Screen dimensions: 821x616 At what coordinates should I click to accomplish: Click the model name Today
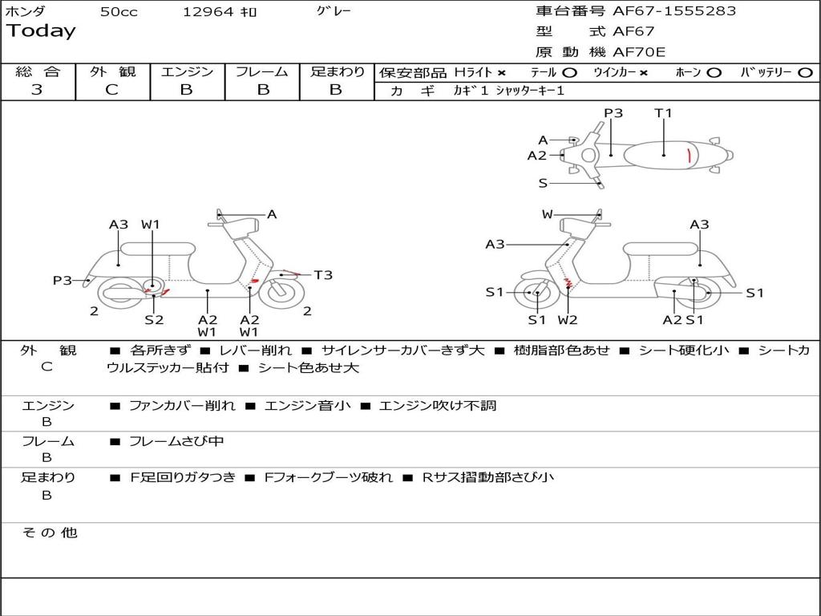(41, 31)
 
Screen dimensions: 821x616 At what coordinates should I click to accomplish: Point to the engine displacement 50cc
(119, 12)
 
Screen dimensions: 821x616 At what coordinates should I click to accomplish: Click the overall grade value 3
(37, 90)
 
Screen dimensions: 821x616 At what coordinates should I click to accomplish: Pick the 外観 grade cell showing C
(111, 90)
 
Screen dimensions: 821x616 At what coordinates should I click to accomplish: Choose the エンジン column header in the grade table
(187, 72)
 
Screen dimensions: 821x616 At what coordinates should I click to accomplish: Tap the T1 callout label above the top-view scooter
(663, 113)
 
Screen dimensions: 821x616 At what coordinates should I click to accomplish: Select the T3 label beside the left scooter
(323, 275)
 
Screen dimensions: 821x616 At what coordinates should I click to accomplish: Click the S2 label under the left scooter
(154, 319)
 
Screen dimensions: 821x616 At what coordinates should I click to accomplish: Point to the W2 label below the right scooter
(568, 319)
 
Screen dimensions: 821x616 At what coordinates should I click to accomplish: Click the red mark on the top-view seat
(690, 155)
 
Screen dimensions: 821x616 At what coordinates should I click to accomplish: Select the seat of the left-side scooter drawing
(158, 249)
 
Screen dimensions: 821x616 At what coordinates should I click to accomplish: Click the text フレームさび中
(176, 441)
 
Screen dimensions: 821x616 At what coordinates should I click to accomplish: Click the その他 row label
(50, 533)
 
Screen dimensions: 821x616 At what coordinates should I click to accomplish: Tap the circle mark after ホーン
(714, 73)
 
